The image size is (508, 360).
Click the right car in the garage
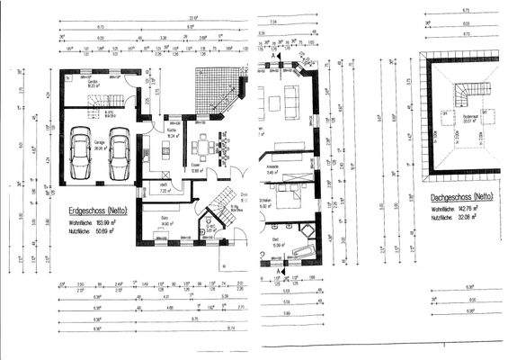[x=120, y=160]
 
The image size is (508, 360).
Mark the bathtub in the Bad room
[x=300, y=251]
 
